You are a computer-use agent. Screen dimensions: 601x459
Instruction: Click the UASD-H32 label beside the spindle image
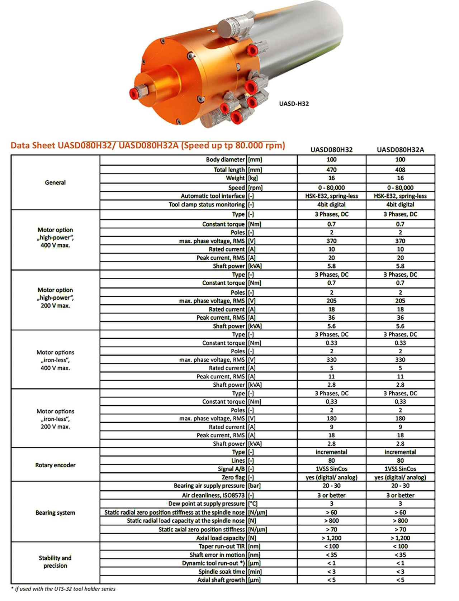point(294,104)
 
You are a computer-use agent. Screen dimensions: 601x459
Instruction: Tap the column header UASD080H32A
point(400,149)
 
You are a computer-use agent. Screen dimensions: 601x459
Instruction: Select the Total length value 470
point(331,170)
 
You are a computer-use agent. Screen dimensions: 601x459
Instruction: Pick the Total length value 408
point(400,170)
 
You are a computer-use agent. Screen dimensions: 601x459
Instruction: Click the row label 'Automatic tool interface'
point(213,196)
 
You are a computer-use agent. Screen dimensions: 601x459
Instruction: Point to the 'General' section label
point(55,182)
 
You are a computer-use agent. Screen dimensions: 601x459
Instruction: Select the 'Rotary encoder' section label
point(55,465)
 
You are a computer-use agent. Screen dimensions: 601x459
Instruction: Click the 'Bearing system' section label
point(55,512)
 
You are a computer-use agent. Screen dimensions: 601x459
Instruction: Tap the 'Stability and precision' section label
point(55,562)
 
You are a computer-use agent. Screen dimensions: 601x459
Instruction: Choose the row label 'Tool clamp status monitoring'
point(207,205)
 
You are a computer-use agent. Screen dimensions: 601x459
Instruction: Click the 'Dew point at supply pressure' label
point(206,504)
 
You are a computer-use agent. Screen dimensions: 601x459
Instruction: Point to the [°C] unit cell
point(253,504)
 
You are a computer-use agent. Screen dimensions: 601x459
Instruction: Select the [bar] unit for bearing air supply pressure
point(254,486)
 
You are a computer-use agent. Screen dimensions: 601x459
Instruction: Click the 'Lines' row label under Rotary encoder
point(238,461)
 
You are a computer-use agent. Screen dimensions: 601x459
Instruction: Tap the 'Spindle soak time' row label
point(222,572)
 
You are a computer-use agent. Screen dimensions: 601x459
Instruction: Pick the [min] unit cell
point(255,572)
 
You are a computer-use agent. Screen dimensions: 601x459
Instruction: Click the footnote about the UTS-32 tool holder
point(63,589)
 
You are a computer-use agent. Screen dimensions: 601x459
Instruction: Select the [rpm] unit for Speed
point(255,187)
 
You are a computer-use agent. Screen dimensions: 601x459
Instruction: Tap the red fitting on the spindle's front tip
point(134,93)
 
